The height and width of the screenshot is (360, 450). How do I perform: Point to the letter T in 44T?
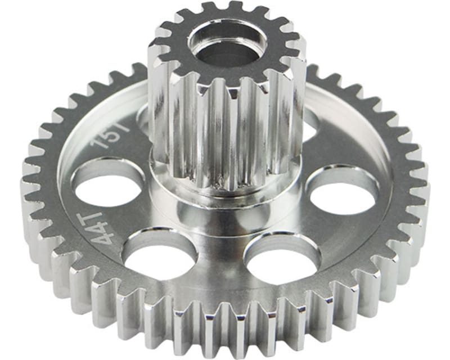96,215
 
